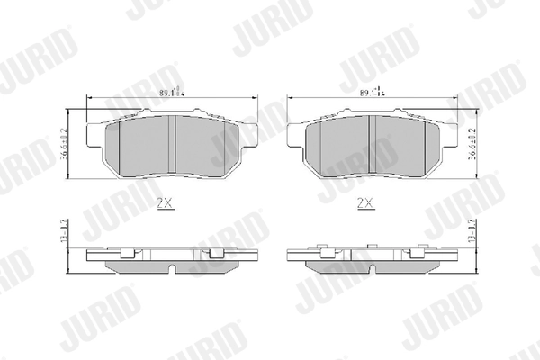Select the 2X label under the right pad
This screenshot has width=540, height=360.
click(364, 202)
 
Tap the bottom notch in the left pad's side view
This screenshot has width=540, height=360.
click(171, 268)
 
